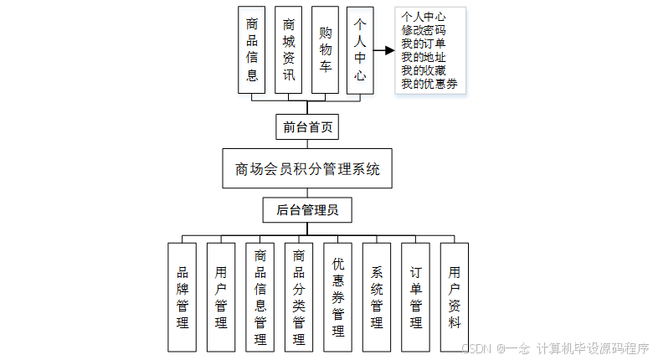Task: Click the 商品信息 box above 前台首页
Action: [252, 49]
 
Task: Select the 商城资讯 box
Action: [289, 49]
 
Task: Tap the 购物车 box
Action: [325, 49]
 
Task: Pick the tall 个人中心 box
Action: [360, 49]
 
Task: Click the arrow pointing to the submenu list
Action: [383, 50]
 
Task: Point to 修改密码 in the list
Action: [424, 29]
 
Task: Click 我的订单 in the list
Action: [424, 43]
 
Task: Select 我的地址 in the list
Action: [424, 56]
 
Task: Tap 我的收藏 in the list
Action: [424, 69]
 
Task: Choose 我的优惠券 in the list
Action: [429, 83]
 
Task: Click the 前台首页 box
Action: [307, 127]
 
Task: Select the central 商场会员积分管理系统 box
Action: [307, 169]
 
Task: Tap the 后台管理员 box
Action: [307, 210]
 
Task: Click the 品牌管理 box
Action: [183, 296]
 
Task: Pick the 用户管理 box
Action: [221, 296]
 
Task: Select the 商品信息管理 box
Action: [260, 296]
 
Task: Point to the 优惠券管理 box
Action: [337, 296]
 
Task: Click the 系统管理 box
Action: [377, 296]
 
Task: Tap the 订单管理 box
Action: [416, 296]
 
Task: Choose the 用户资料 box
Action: [455, 296]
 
